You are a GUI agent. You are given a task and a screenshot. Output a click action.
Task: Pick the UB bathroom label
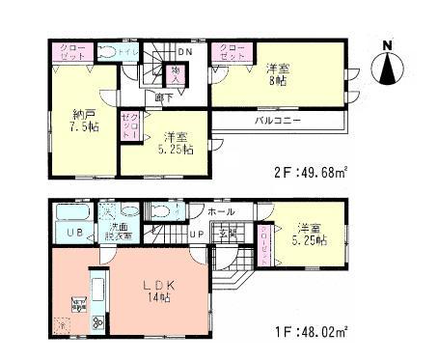(x=73, y=233)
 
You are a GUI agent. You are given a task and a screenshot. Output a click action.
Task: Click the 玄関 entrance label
(x=228, y=235)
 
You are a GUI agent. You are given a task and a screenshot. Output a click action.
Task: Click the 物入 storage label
(x=176, y=72)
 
